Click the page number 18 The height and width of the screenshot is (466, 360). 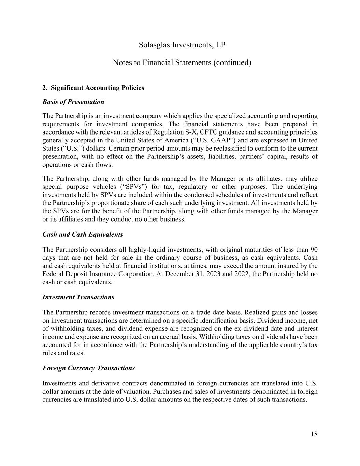pos(314,434)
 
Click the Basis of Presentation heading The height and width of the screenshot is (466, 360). pos(73,102)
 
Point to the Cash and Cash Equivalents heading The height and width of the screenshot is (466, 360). pos(83,234)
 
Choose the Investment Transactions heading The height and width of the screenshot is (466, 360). pos(78,297)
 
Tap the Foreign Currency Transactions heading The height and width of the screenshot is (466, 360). pos(88,368)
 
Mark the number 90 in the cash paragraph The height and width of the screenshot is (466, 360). pos(314,250)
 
